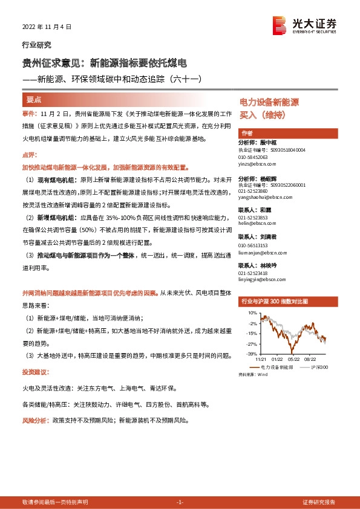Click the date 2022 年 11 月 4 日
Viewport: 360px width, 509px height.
pyautogui.click(x=47, y=27)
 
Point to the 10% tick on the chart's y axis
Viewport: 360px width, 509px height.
pyautogui.click(x=253, y=313)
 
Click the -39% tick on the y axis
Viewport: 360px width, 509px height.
pyautogui.click(x=252, y=354)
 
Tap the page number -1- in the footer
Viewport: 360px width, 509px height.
pyautogui.click(x=179, y=502)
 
